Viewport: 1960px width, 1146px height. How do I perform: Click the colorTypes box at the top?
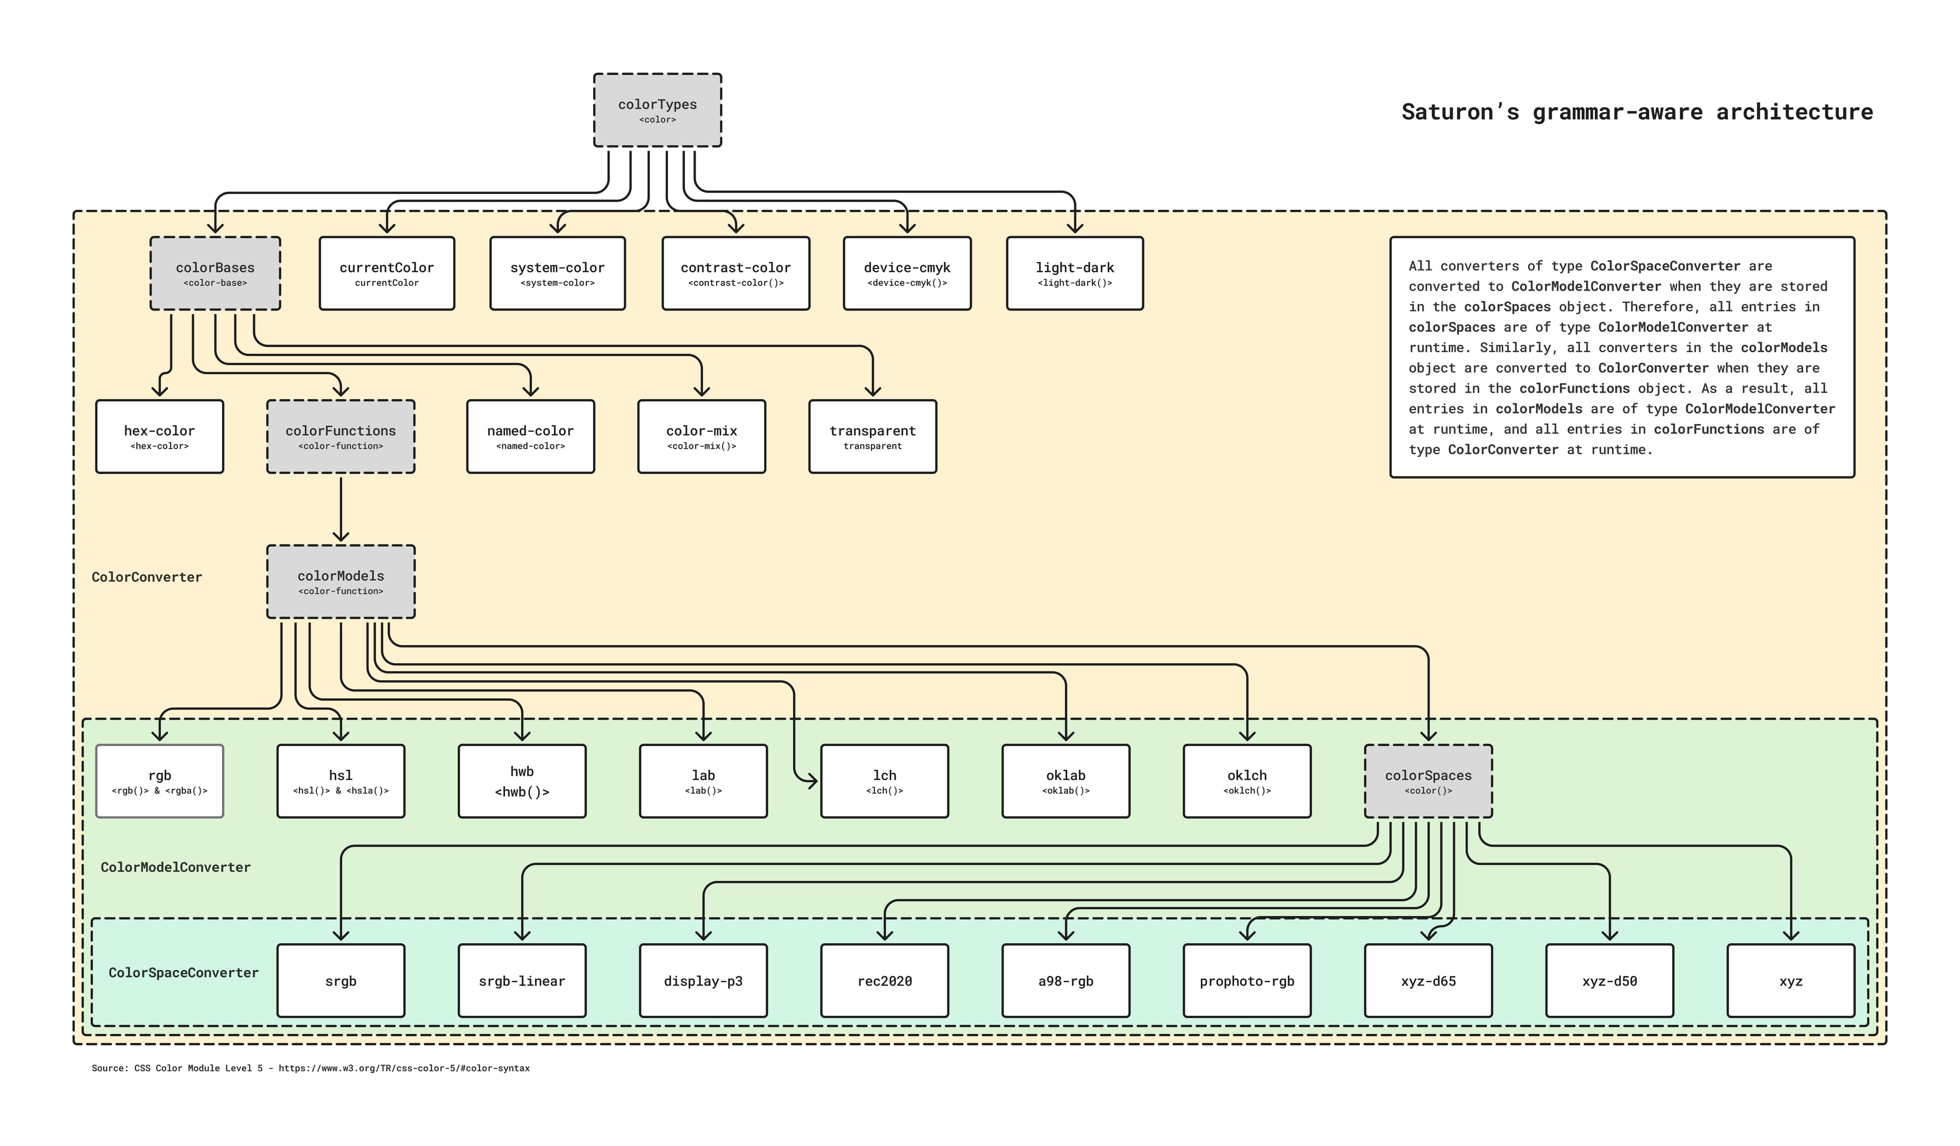657,110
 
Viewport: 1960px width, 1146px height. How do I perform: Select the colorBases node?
215,273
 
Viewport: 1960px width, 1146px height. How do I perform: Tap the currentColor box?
386,273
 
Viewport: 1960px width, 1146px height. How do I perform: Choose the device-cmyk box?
907,273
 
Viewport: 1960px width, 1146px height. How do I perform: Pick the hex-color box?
159,437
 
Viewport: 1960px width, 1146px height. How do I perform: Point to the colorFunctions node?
340,437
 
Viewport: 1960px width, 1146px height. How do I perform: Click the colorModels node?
340,581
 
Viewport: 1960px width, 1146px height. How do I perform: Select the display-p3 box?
703,981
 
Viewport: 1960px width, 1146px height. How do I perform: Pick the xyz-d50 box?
1609,981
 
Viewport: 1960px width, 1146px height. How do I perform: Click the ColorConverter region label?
147,577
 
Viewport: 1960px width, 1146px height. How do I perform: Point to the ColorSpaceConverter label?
184,972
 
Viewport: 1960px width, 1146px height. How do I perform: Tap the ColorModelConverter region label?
176,867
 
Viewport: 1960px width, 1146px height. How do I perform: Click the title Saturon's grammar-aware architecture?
1636,112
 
